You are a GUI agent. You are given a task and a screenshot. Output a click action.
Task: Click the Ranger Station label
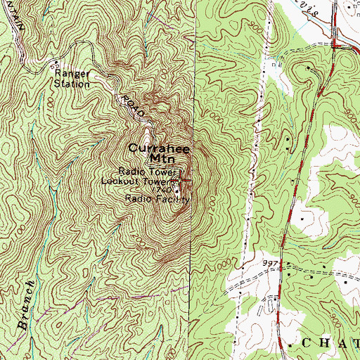click(72, 77)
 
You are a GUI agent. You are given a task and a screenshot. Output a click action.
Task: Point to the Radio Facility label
click(157, 200)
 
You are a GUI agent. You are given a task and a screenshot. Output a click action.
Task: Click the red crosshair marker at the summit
click(182, 180)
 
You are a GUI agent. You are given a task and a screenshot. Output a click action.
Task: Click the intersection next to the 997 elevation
click(281, 268)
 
